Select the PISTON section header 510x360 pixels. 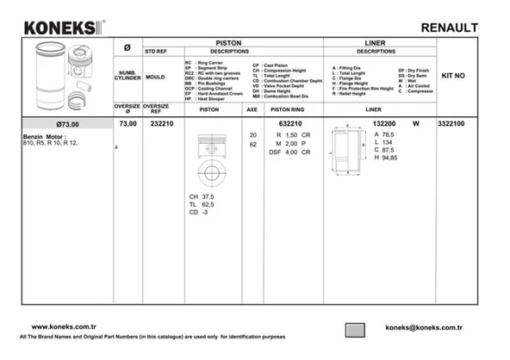click(x=227, y=41)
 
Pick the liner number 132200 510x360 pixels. click(x=384, y=124)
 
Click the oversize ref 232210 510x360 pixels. click(x=162, y=124)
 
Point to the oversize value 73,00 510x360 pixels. click(x=127, y=124)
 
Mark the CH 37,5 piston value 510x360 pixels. click(x=203, y=197)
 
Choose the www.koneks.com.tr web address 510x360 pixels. click(x=68, y=327)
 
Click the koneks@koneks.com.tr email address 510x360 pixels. click(x=425, y=327)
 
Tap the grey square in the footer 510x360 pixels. click(x=355, y=329)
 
